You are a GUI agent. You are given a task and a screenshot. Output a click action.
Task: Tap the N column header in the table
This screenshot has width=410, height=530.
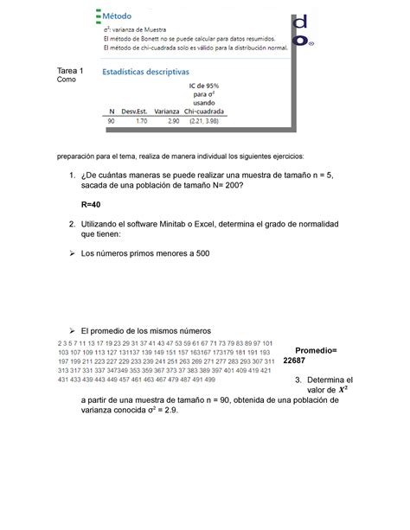pyautogui.click(x=112, y=112)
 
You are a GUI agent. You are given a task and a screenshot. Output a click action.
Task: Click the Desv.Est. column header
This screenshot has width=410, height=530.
pyautogui.click(x=136, y=112)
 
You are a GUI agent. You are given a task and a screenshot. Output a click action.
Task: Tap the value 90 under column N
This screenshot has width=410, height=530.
pyautogui.click(x=111, y=123)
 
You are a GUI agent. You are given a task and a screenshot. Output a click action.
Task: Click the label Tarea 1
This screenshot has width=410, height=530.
pyautogui.click(x=70, y=70)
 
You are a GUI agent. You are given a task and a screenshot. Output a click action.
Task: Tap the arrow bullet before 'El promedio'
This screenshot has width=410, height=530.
pyautogui.click(x=72, y=331)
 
